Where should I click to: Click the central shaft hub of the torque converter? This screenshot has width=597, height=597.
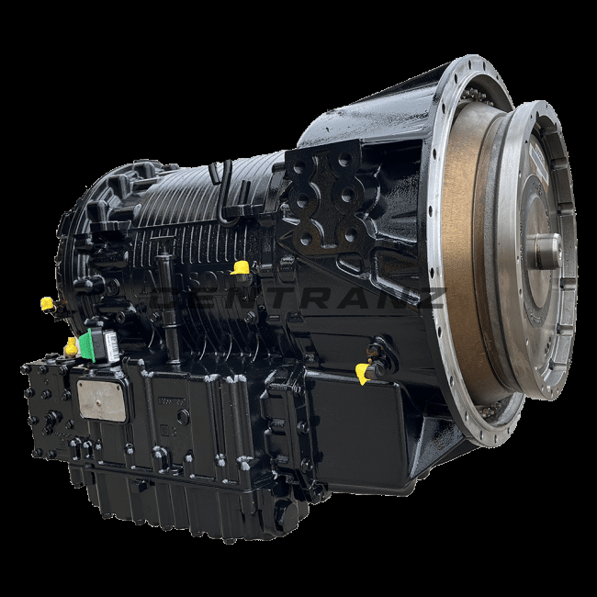545,250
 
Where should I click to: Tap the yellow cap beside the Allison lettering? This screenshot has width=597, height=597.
241,267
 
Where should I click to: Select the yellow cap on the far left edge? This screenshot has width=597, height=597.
46,303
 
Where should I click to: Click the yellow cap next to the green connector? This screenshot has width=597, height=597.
71,346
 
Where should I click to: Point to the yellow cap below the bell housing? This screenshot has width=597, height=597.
363,372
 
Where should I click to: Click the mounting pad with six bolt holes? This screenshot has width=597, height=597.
321,197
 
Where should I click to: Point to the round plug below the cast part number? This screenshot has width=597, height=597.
183,416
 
